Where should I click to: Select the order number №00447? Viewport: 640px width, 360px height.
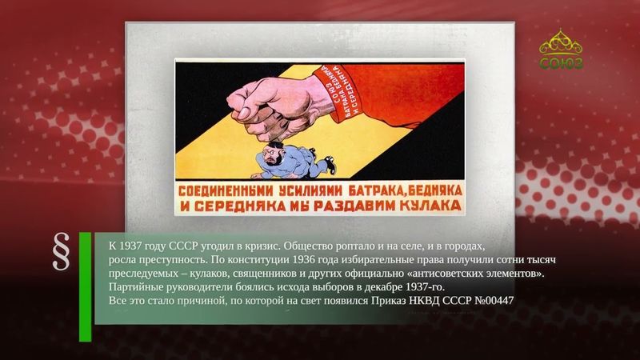[x=500, y=300]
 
